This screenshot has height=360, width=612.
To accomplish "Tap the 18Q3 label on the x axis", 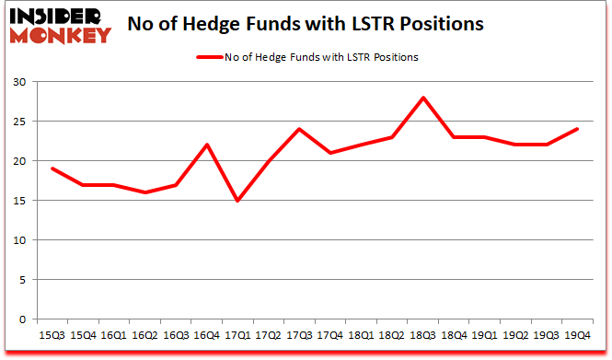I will click(423, 335).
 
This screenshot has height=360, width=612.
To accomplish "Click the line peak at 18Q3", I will click(423, 98).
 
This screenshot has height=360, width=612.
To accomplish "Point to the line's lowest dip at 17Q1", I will click(238, 201).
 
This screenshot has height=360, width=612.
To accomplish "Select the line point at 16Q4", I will click(208, 145).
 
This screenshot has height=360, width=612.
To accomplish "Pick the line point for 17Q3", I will click(300, 129).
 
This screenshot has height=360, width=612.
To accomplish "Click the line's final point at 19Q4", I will click(577, 129).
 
